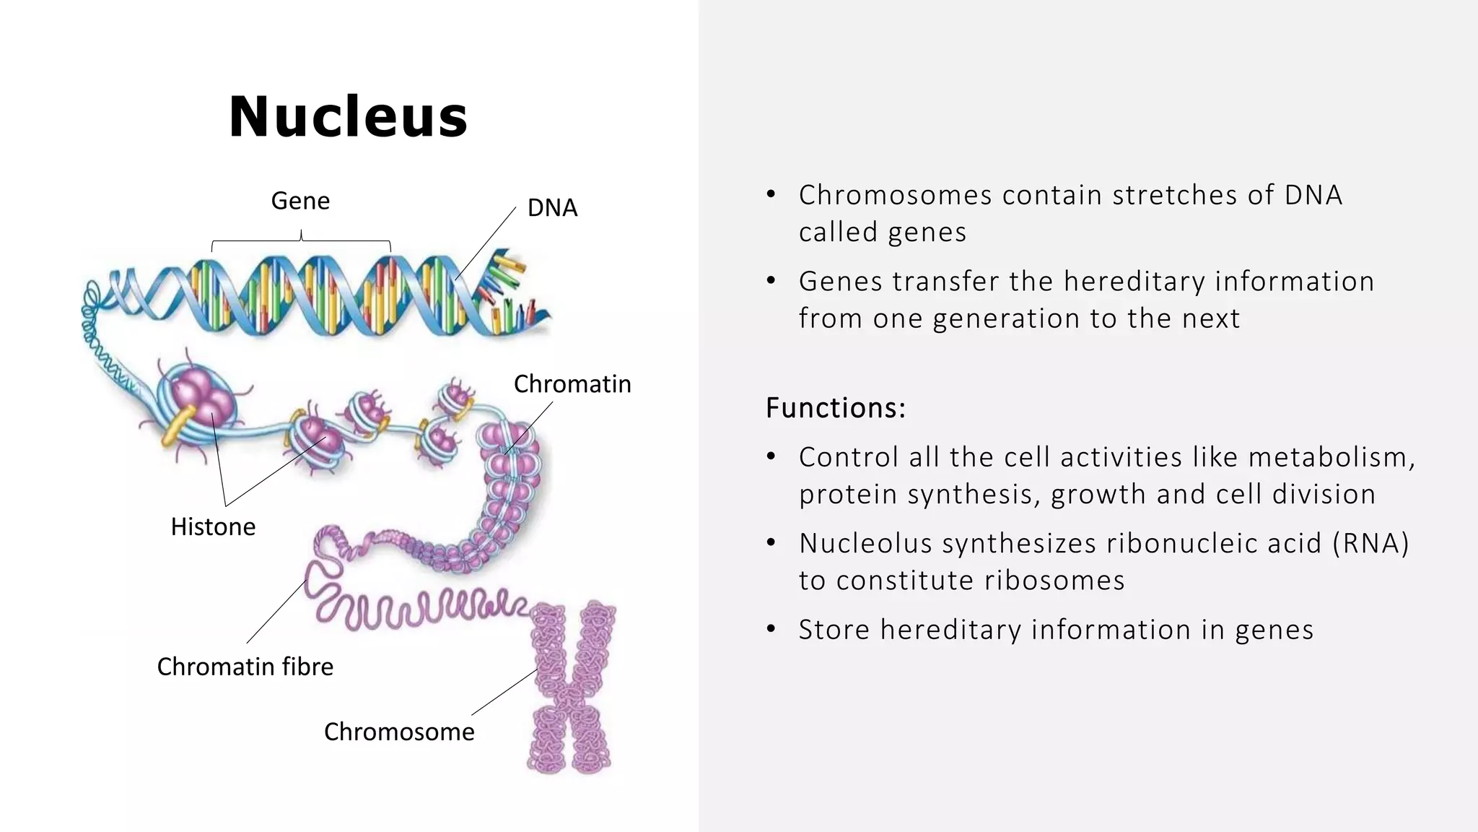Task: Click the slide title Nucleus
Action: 348,117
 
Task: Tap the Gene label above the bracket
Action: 300,201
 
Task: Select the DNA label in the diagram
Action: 552,208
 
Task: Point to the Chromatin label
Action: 572,384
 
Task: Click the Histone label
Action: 213,527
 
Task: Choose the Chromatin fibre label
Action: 245,667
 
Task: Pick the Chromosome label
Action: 399,732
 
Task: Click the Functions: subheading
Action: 835,408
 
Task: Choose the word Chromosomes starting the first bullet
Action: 895,195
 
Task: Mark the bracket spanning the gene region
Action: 301,240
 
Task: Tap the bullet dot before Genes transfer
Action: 771,281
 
